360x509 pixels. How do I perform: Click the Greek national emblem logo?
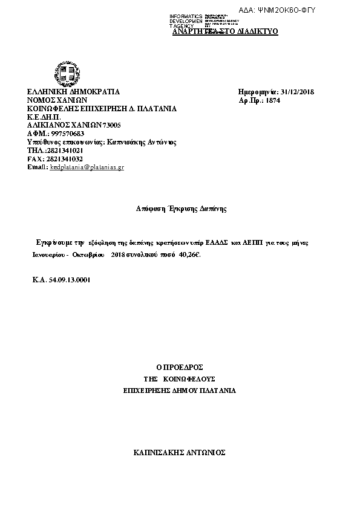pos(66,73)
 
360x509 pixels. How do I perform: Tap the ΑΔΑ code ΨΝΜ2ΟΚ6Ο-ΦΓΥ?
pos(286,10)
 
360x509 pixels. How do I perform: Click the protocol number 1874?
pos(273,100)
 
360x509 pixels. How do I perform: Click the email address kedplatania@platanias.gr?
pos(87,167)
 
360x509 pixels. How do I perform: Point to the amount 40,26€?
pos(189,255)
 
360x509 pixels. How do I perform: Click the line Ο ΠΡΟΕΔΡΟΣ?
pos(179,368)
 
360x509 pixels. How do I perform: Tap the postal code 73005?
pos(112,125)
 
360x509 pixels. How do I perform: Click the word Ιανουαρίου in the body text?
pos(53,255)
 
